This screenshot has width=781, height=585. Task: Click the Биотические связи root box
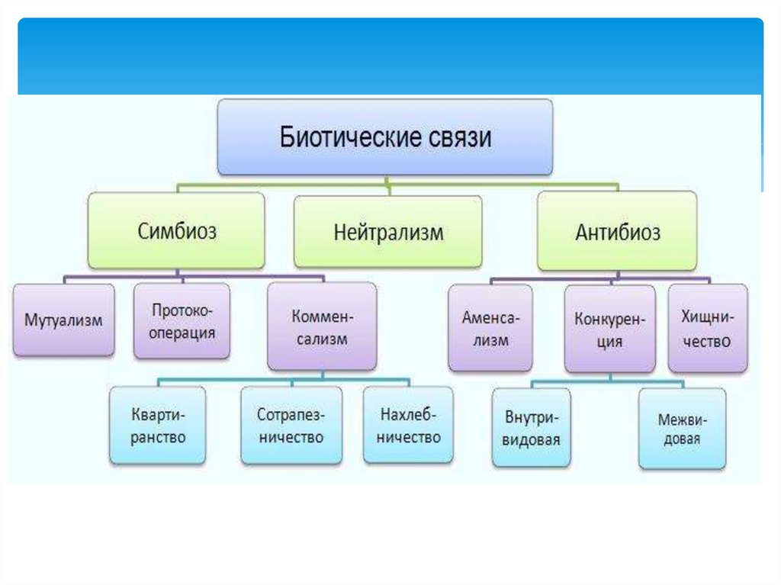(385, 138)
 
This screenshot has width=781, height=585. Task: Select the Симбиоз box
(177, 230)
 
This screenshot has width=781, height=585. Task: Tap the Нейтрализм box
(388, 232)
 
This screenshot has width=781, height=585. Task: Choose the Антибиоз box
(617, 231)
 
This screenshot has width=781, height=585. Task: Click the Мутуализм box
(63, 320)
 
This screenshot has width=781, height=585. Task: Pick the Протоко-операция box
(182, 321)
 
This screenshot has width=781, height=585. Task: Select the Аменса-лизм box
(490, 328)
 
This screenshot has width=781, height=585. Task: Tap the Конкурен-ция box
(609, 329)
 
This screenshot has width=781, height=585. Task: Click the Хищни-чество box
(708, 328)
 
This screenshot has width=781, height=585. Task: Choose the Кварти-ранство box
(158, 426)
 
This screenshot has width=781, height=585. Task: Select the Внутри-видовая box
(532, 428)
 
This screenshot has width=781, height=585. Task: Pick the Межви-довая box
(683, 428)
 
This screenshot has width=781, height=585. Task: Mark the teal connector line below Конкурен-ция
(610, 379)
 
